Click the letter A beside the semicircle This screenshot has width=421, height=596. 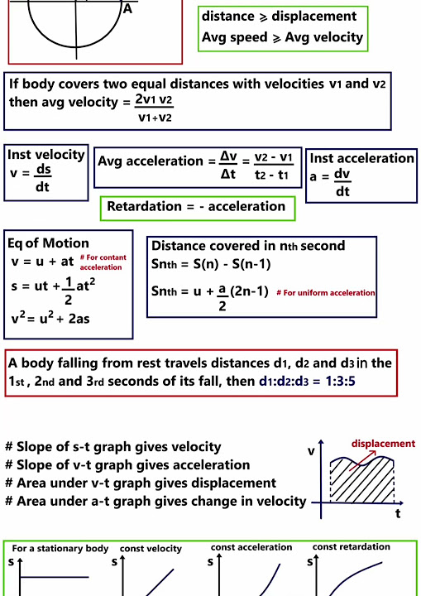point(127,9)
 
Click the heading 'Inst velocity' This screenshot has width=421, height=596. point(46,155)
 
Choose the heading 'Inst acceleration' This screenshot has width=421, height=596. point(362,158)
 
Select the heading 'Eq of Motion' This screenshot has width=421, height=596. point(48,243)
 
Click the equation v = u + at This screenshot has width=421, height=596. point(43,262)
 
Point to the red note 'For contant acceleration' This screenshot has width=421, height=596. point(103,262)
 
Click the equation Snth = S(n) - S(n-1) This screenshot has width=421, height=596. point(211,265)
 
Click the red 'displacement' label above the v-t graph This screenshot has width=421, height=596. point(383,444)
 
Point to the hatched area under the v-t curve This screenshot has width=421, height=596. point(362,480)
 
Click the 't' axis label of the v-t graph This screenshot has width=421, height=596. point(399,513)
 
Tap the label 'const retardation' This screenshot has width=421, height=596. point(351,547)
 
